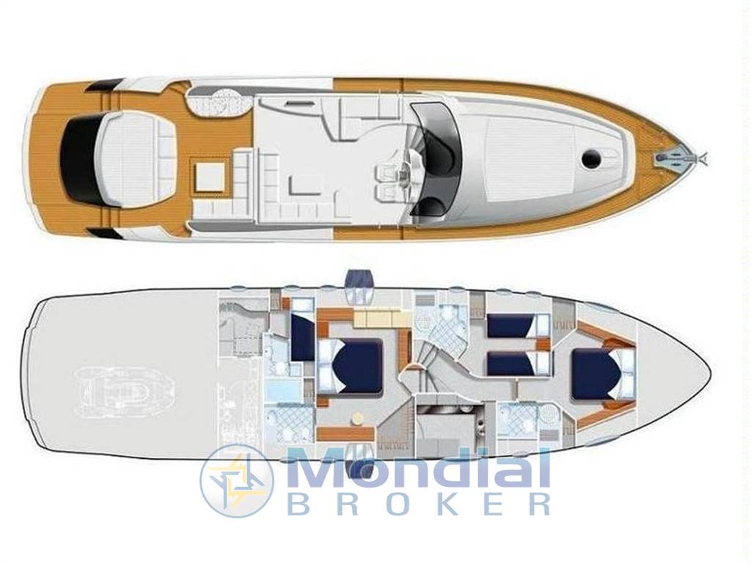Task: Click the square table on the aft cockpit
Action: (x=209, y=177)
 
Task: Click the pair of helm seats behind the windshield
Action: (x=389, y=180)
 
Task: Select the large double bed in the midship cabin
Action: (x=350, y=367)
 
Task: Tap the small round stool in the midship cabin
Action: (x=357, y=418)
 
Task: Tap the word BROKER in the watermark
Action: (x=419, y=504)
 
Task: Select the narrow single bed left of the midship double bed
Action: (x=301, y=336)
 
